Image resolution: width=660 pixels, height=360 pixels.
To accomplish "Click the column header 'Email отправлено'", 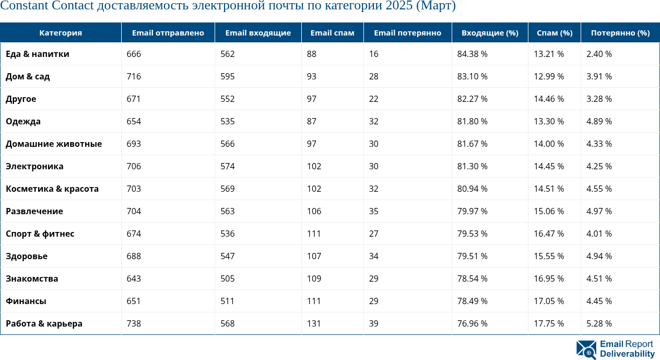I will pyautogui.click(x=168, y=33).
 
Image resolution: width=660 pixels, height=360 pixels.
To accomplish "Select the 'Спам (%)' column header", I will pyautogui.click(x=554, y=33).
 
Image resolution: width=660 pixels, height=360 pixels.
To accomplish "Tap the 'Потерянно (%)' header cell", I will pyautogui.click(x=620, y=33).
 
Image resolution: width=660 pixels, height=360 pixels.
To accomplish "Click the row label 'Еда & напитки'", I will pyautogui.click(x=38, y=54).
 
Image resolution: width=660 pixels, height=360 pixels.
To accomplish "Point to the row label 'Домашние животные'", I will pyautogui.click(x=54, y=144).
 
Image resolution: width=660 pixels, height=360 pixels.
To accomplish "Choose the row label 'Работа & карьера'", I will pyautogui.click(x=44, y=324).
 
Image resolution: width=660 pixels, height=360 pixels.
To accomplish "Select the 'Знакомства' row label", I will pyautogui.click(x=32, y=279).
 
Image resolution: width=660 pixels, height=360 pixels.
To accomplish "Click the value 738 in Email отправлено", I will pyautogui.click(x=134, y=324).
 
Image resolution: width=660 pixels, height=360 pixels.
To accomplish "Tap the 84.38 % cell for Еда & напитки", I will pyautogui.click(x=472, y=54).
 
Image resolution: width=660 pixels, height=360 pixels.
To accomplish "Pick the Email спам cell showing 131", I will pyautogui.click(x=314, y=324).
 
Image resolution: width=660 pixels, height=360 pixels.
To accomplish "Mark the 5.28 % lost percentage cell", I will pyautogui.click(x=599, y=324).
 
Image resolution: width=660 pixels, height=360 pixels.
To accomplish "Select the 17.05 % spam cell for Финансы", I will pyautogui.click(x=549, y=301).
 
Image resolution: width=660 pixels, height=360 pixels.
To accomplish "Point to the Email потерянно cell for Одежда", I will pyautogui.click(x=373, y=122).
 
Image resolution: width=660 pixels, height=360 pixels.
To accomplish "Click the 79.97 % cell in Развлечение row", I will pyautogui.click(x=472, y=212).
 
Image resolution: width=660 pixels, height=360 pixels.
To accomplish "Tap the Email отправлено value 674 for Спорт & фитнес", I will pyautogui.click(x=134, y=234).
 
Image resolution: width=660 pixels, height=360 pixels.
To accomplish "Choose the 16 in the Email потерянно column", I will pyautogui.click(x=373, y=54).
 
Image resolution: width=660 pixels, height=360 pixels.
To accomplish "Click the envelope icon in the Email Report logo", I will pyautogui.click(x=586, y=350).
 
